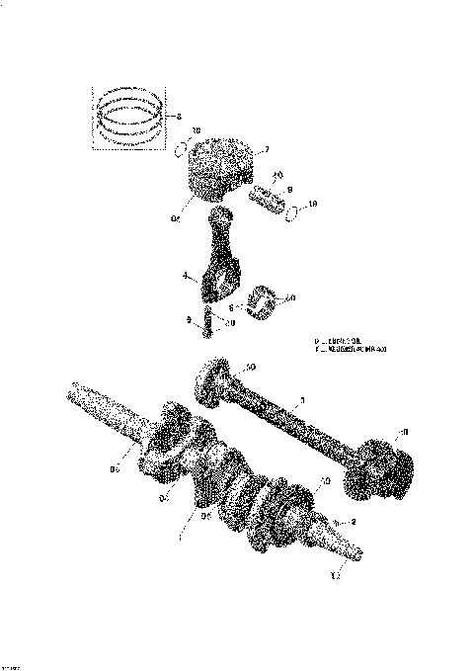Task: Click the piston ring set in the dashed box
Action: pyautogui.click(x=130, y=116)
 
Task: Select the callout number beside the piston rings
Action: pyautogui.click(x=178, y=117)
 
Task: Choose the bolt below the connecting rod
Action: pyautogui.click(x=208, y=323)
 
